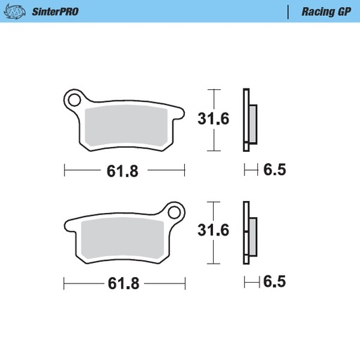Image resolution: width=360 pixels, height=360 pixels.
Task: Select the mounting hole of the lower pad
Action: [x=174, y=211]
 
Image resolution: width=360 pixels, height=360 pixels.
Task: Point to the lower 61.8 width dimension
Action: [x=123, y=283]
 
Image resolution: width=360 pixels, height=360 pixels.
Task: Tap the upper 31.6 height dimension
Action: [x=213, y=119]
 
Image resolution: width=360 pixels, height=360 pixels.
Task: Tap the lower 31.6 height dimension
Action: [x=213, y=231]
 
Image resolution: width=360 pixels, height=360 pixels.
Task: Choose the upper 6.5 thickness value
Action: [x=274, y=169]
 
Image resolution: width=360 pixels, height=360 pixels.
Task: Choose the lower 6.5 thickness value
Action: [x=274, y=283]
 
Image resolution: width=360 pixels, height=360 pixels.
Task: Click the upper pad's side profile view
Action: [x=248, y=120]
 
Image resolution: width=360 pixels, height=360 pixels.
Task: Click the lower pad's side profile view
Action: [x=248, y=233]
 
